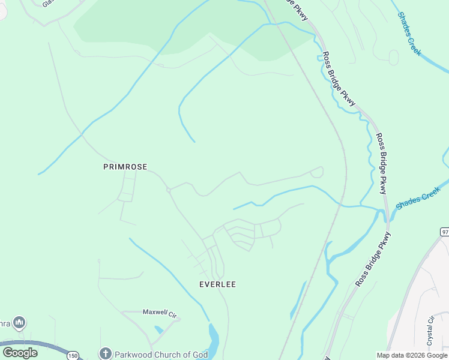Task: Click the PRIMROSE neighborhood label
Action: [x=125, y=167]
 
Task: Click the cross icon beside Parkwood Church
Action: [x=106, y=354]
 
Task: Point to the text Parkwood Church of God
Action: [x=161, y=355]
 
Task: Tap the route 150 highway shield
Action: [x=73, y=356]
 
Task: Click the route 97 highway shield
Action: [x=444, y=232]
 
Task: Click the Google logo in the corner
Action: [x=20, y=353]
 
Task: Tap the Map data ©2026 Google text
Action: [x=412, y=355]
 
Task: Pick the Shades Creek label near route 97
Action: [x=418, y=199]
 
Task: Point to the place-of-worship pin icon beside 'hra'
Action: [x=19, y=323]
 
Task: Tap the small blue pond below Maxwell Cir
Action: [x=158, y=329]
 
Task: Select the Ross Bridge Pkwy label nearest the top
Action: [x=300, y=8]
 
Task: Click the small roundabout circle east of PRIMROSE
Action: [x=169, y=190]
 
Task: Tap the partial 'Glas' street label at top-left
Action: [x=49, y=3]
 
